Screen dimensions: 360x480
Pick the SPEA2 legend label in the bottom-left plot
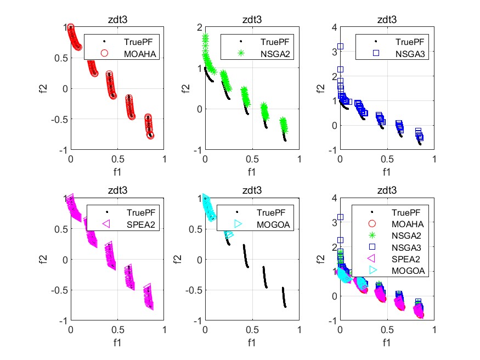tap(137, 224)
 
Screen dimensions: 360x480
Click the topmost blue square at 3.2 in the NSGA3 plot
tap(340, 47)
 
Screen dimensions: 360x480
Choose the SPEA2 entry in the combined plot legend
tap(403, 258)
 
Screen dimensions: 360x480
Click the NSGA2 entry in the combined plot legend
tap(403, 235)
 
